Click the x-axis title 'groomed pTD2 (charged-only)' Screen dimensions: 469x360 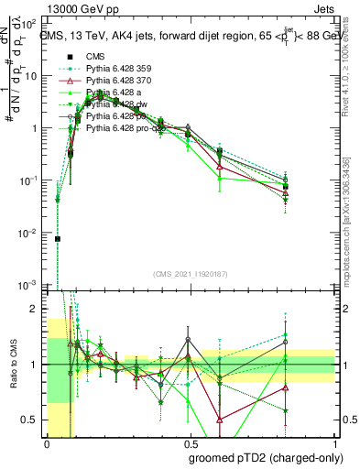click(x=267, y=457)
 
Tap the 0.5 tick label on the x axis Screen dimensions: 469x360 click(x=191, y=442)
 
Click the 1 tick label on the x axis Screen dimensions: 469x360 click(x=335, y=442)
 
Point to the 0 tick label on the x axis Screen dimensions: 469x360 click(x=46, y=442)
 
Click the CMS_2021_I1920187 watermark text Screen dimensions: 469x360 click(x=191, y=275)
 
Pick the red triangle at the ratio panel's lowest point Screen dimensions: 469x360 click(x=221, y=419)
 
